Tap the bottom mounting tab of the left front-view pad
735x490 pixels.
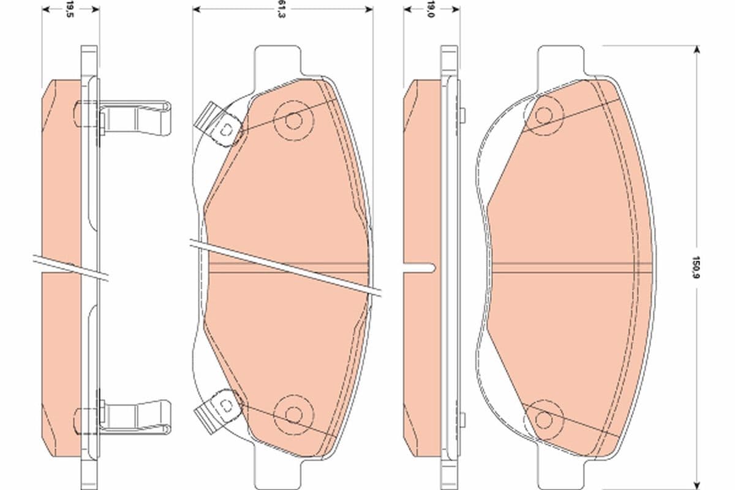pos(279,469)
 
